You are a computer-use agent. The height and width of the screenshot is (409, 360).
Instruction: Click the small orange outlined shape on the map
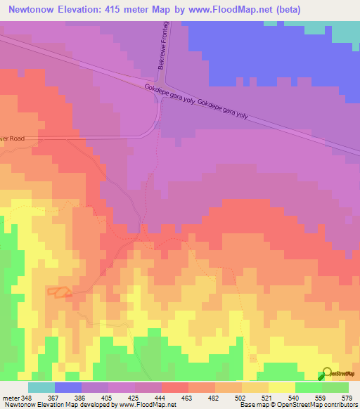pos(59,292)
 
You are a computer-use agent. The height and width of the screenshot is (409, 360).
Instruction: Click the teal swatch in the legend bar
pos(41,387)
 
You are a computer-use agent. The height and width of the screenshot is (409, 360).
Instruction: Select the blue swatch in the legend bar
pos(68,387)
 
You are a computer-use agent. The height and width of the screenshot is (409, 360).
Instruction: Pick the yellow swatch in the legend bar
pos(281,387)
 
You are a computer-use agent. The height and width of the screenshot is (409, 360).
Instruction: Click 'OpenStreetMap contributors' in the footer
pos(320,405)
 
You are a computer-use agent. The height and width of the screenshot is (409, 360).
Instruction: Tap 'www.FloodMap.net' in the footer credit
pos(147,405)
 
